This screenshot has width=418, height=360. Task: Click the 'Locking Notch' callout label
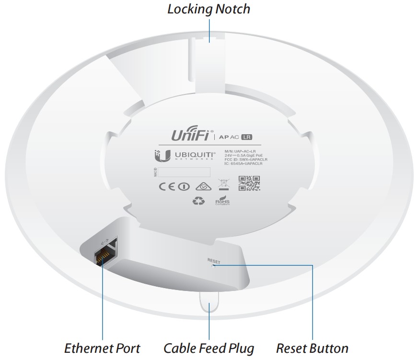point(209,9)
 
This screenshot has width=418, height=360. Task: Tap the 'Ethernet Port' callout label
point(102,348)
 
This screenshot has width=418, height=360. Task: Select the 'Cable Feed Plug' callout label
point(209,348)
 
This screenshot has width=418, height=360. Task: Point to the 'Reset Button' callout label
point(312,348)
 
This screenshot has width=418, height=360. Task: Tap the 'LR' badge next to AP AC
point(247,137)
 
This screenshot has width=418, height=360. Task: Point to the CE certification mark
point(167,186)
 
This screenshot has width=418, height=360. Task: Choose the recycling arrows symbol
point(198,202)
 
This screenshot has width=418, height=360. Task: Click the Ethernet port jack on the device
point(102,257)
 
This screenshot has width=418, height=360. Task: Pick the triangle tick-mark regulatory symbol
point(201,186)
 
